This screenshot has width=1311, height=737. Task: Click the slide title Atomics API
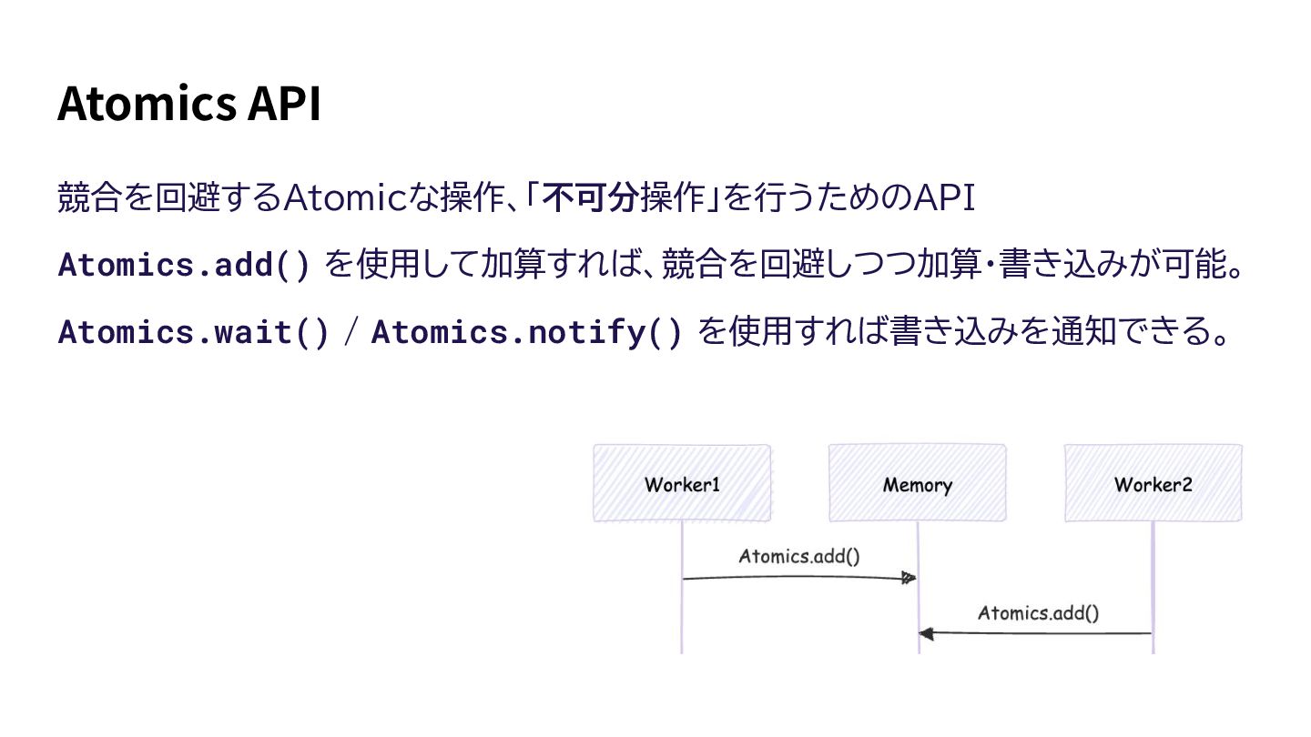coord(188,104)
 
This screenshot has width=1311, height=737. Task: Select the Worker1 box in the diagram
coord(682,483)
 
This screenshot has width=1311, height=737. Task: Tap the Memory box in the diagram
coord(917,483)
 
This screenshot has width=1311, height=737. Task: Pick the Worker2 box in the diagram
coord(1153,483)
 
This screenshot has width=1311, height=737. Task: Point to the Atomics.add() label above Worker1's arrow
coord(798,556)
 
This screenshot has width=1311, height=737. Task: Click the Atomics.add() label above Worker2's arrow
coord(1038,612)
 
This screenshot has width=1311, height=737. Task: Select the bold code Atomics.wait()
coord(193,332)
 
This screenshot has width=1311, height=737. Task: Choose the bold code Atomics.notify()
coord(526,332)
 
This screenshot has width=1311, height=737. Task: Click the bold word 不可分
coord(588,197)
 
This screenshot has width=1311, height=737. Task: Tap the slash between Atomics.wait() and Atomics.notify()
coord(351,332)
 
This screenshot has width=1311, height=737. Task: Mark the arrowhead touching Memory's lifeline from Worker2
coord(926,633)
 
